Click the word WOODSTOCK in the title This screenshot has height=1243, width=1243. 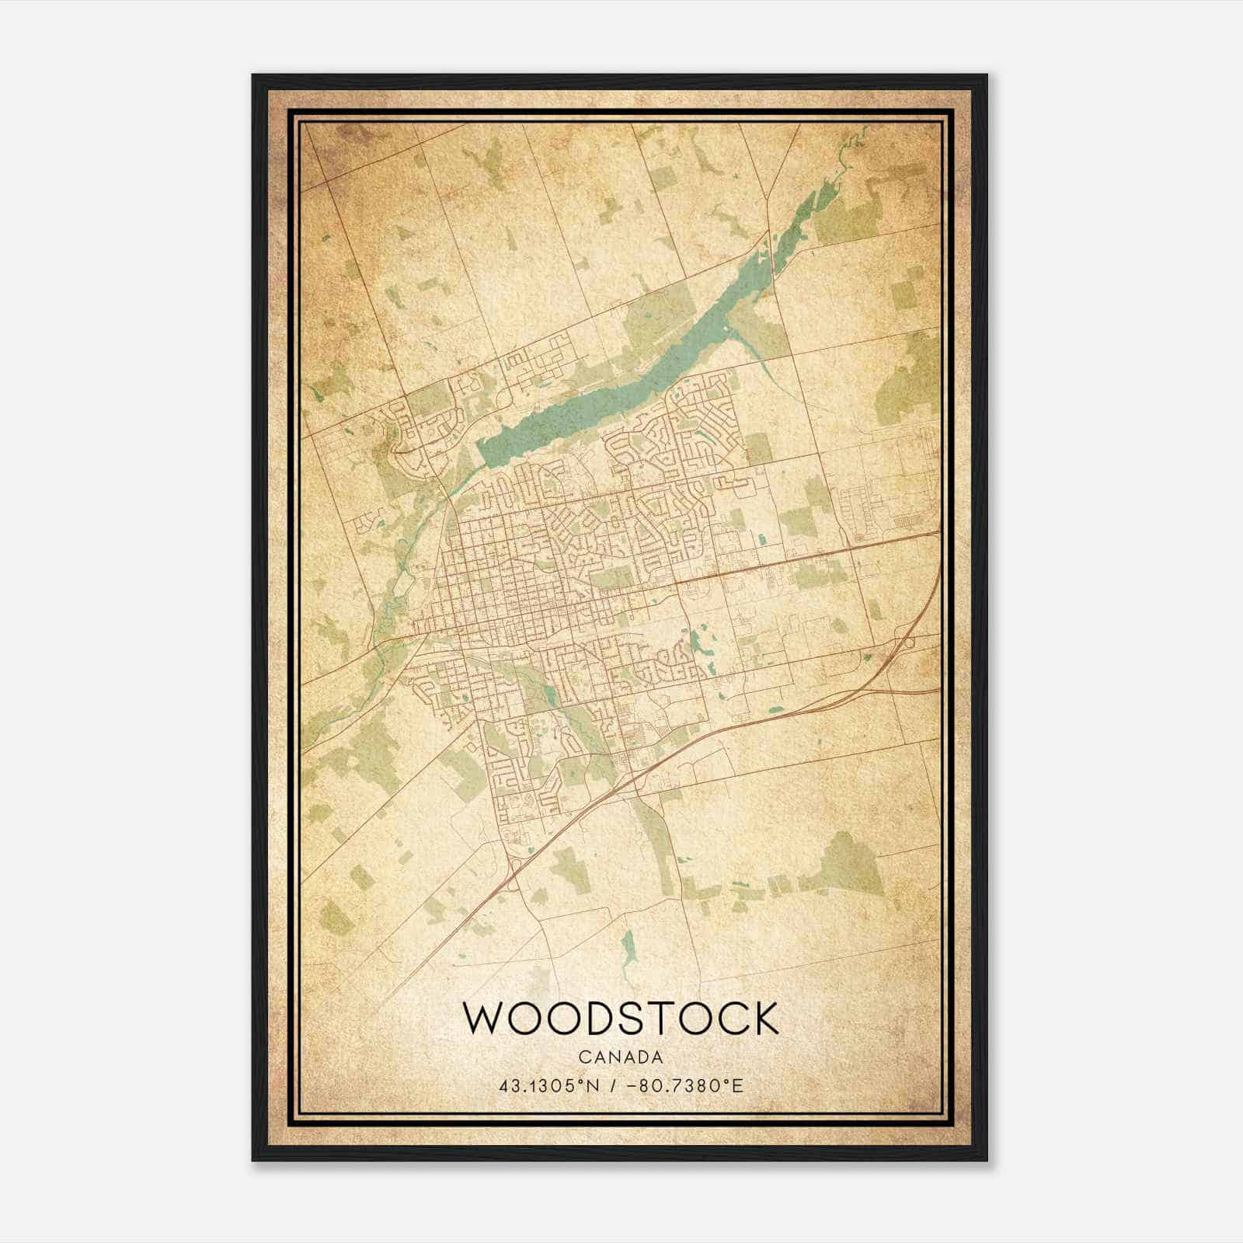coord(621,1018)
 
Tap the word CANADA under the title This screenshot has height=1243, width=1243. coord(620,1057)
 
